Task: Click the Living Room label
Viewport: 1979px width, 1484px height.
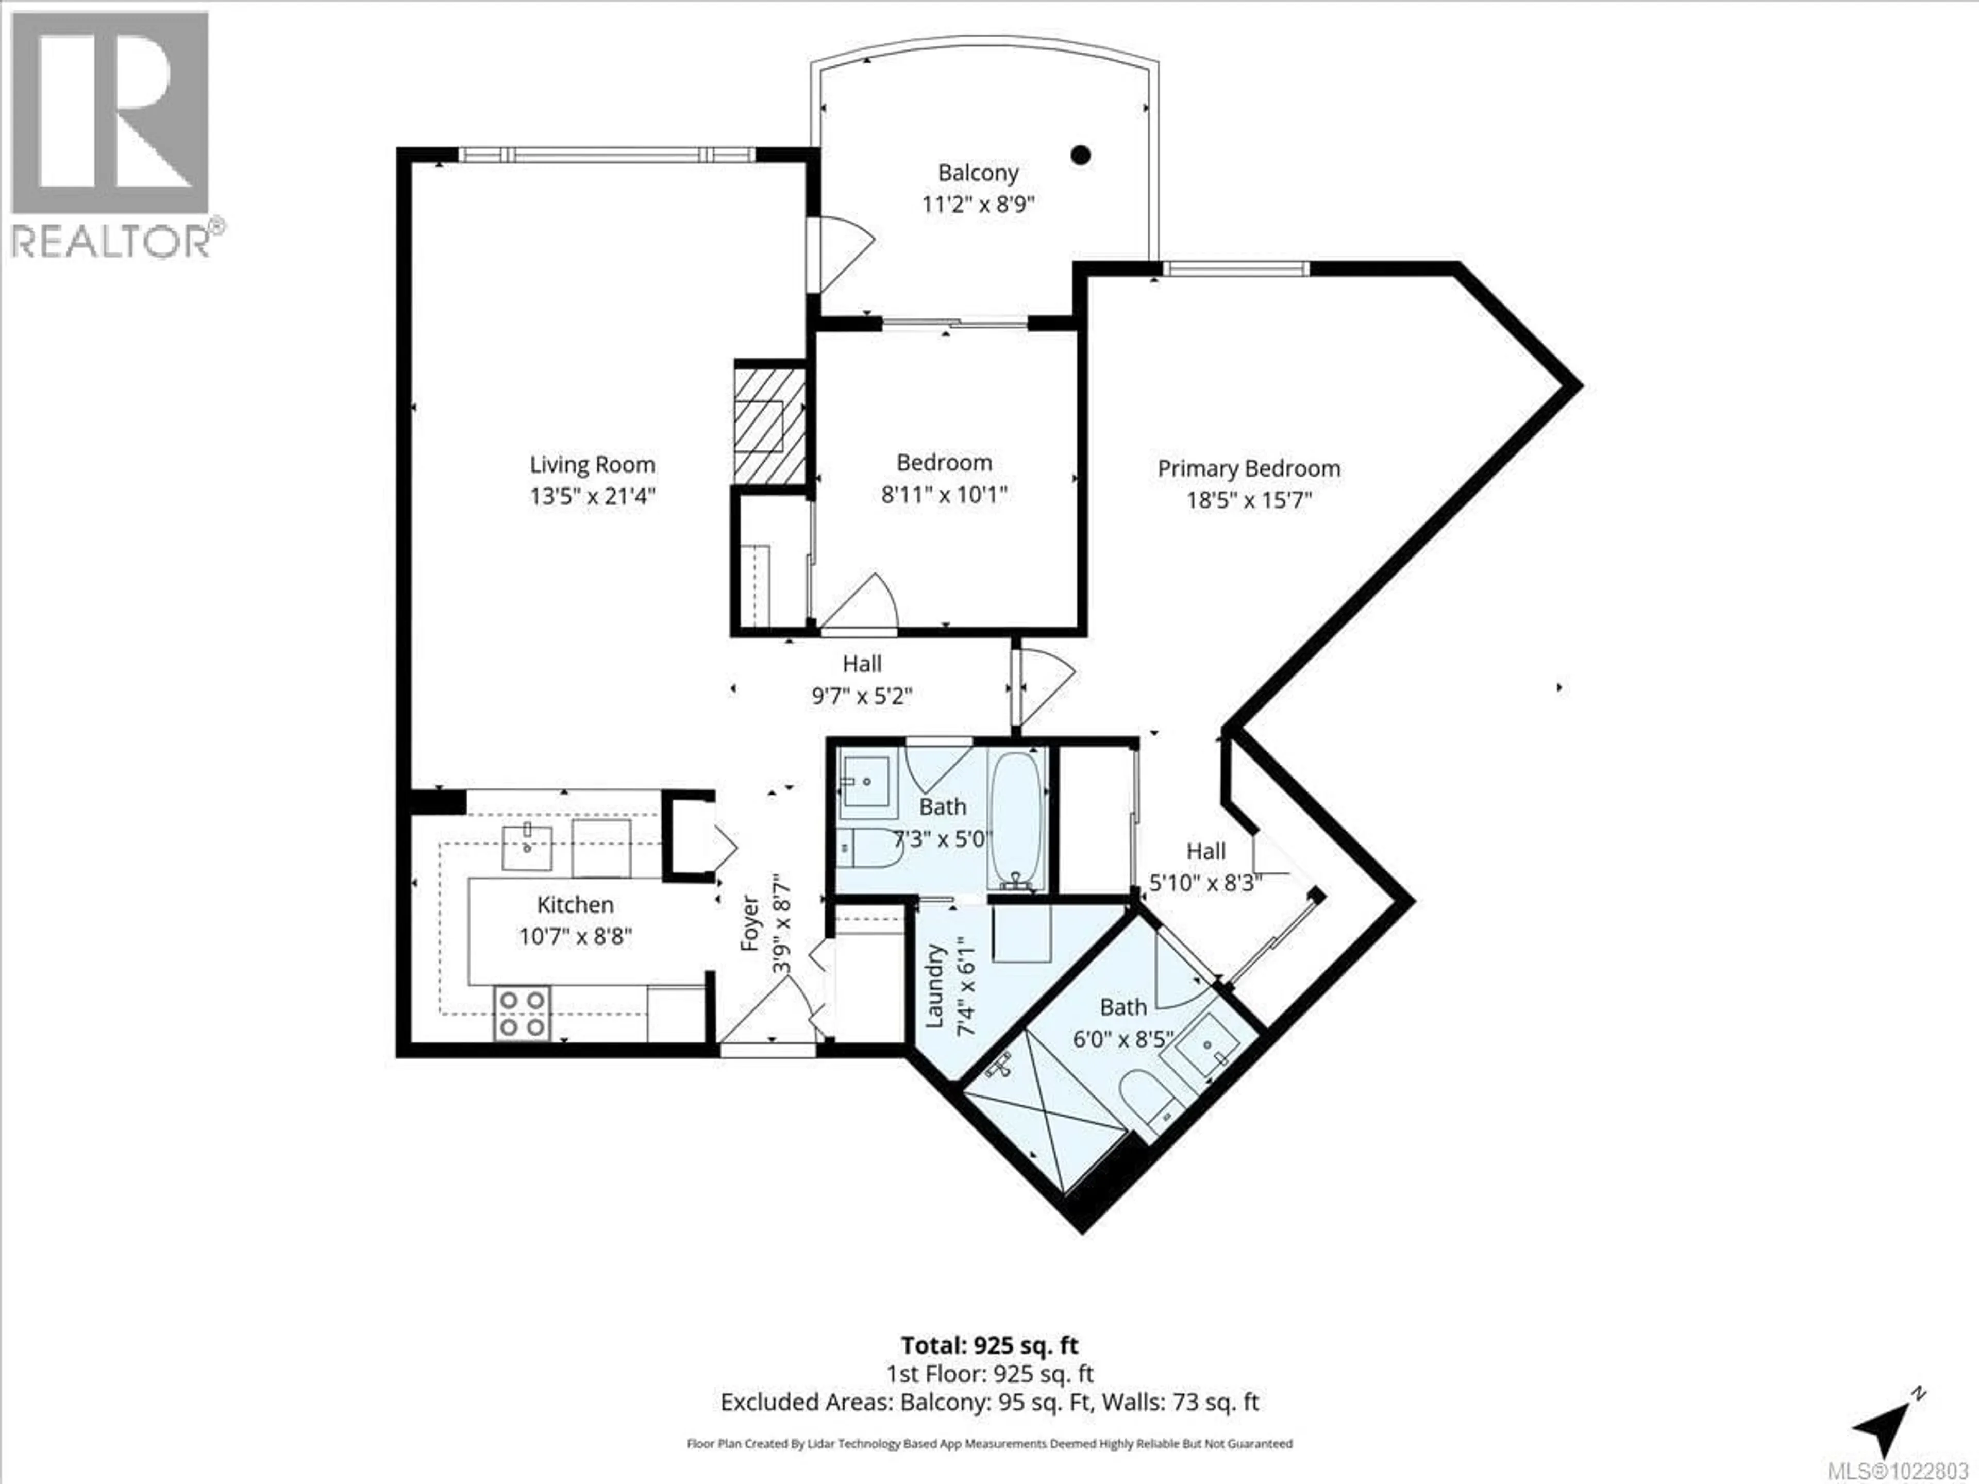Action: coord(592,464)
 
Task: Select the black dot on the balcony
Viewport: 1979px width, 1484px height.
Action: coord(1081,155)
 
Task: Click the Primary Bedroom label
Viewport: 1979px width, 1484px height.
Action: coord(1249,468)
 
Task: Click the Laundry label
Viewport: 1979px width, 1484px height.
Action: coord(934,985)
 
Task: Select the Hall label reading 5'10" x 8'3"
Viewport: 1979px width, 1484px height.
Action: coord(1205,867)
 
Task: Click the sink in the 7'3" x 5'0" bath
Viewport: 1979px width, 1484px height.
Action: coord(866,782)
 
